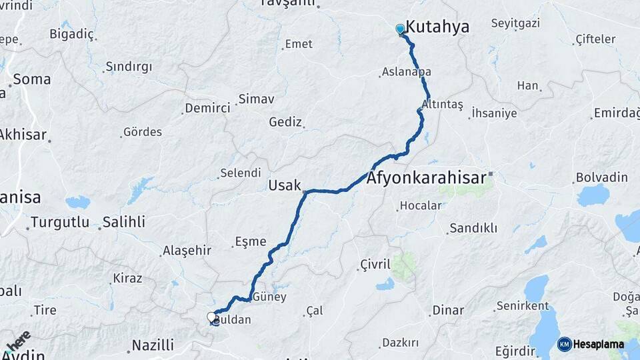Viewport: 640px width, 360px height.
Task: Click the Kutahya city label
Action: point(437,27)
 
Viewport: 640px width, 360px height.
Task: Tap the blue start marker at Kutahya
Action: point(400,29)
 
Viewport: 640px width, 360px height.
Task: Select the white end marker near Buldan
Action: point(212,317)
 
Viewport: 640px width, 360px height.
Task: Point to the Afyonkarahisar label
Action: point(427,178)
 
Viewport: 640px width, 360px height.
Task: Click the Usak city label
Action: point(285,185)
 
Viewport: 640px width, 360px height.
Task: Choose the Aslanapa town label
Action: point(406,72)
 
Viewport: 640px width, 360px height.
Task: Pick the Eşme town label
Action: point(251,241)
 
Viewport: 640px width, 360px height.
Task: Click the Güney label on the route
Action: point(269,297)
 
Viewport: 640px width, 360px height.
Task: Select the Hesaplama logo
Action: point(591,344)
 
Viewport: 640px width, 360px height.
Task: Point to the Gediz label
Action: point(285,122)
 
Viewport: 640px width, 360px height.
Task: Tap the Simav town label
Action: point(256,99)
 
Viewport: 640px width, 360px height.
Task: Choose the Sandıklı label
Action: point(473,228)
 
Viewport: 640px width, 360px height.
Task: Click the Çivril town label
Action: point(375,264)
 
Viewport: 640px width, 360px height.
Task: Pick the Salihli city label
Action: point(123,222)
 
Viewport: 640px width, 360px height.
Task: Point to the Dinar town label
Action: point(447,310)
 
